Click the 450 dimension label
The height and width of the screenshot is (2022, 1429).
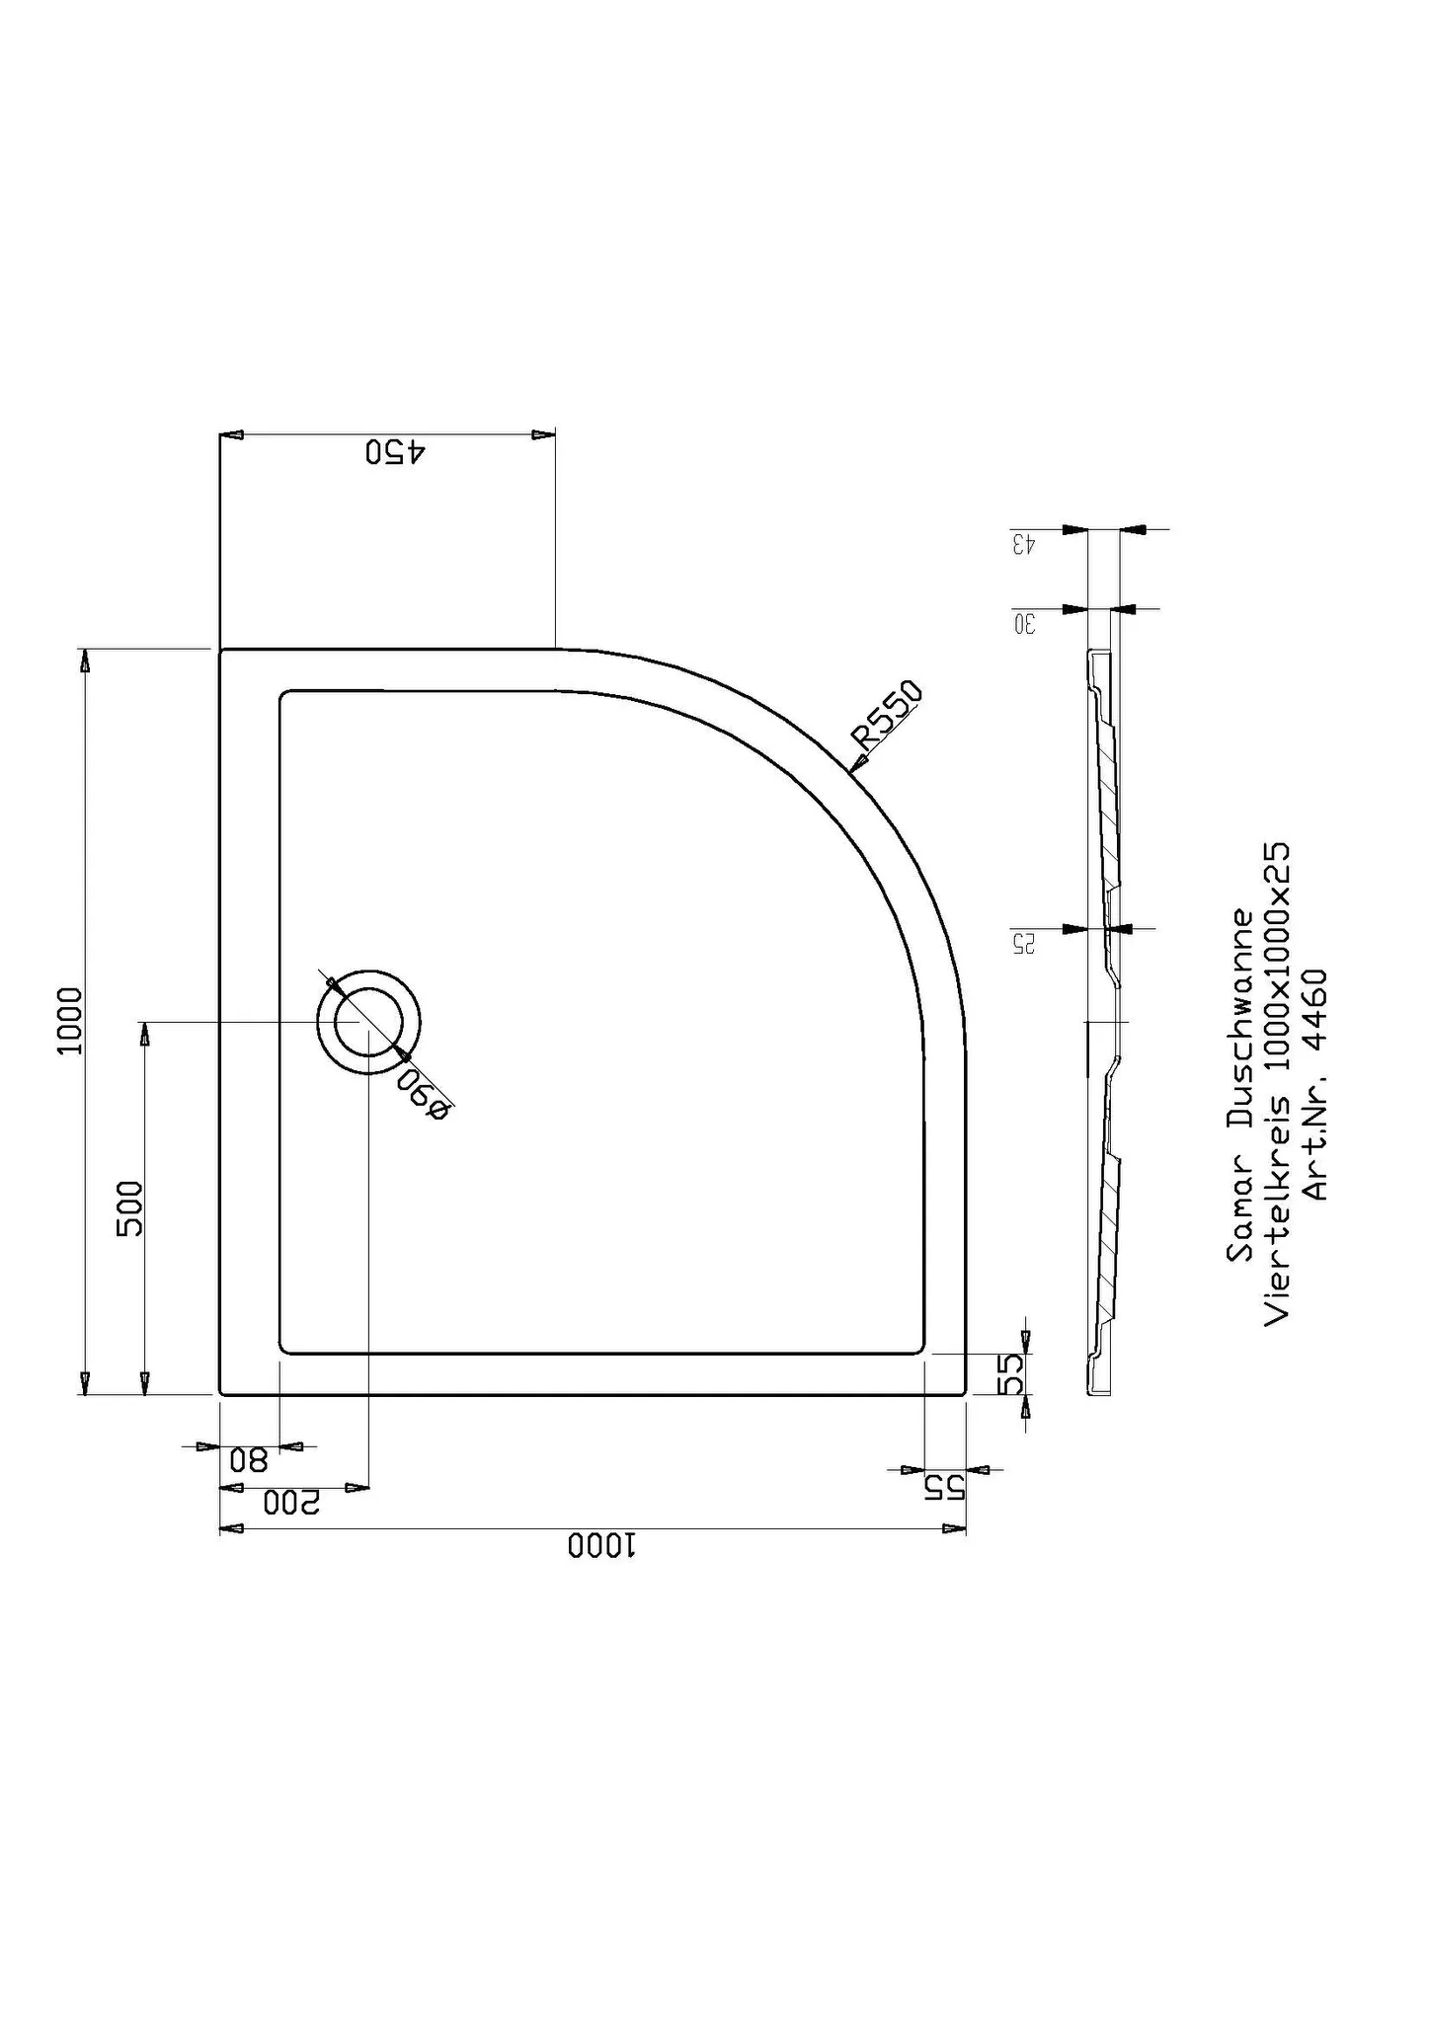point(395,452)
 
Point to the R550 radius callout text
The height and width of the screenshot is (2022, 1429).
point(888,714)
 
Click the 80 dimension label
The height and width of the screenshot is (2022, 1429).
point(249,1459)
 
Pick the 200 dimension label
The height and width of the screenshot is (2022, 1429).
point(292,1503)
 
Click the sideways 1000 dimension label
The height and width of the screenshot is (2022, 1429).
point(71,1020)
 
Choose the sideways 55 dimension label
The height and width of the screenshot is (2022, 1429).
point(1010,1373)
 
